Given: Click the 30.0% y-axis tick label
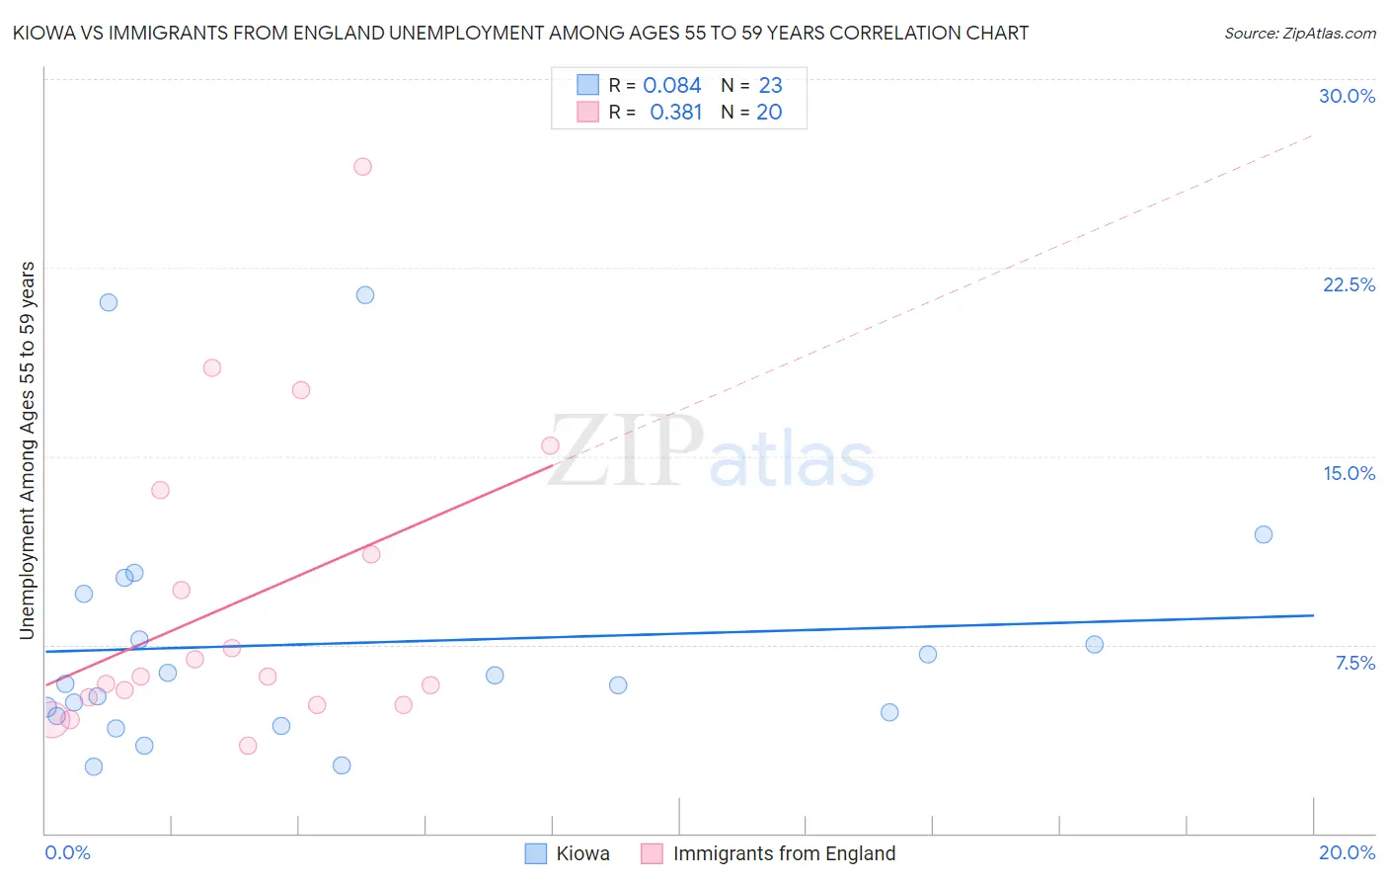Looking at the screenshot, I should pyautogui.click(x=1347, y=96).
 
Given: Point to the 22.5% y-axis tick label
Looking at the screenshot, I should pyautogui.click(x=1349, y=284).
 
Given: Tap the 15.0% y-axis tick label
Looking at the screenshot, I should pyautogui.click(x=1349, y=473).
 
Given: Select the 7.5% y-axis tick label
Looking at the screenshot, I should pyautogui.click(x=1354, y=663).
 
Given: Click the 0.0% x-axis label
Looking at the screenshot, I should pyautogui.click(x=67, y=852).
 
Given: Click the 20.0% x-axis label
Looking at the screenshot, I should pyautogui.click(x=1347, y=852).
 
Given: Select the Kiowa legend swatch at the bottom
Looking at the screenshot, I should pyautogui.click(x=535, y=853).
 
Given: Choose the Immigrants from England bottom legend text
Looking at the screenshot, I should pyautogui.click(x=784, y=853).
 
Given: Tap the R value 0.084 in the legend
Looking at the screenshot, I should pyautogui.click(x=671, y=86).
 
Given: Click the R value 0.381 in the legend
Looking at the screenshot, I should pyautogui.click(x=675, y=113).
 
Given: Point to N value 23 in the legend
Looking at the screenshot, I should pyautogui.click(x=770, y=86).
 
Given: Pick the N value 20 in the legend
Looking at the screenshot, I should pyautogui.click(x=769, y=113).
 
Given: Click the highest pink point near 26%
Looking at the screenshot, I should pyautogui.click(x=362, y=167).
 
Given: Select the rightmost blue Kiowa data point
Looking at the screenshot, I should pyautogui.click(x=1263, y=534).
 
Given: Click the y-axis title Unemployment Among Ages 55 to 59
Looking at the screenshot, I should pyautogui.click(x=28, y=450).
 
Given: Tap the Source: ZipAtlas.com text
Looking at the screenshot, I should pyautogui.click(x=1299, y=34).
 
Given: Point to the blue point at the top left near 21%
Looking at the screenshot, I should pyautogui.click(x=109, y=302).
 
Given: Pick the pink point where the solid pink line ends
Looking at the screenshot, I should pyautogui.click(x=550, y=445).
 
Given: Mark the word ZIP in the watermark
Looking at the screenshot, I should pyautogui.click(x=625, y=450).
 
